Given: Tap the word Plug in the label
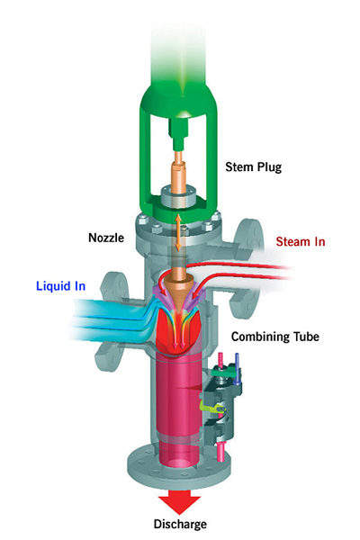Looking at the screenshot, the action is (270, 167).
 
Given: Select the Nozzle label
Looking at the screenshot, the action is (106, 238).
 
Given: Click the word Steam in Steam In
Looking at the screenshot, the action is (293, 241).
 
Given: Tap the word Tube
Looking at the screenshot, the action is (306, 337).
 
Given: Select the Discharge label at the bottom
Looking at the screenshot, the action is (180, 524).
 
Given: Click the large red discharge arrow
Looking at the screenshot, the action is (179, 502).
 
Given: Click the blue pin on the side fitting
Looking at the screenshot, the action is (237, 368).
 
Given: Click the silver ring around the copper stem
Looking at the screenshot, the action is (179, 197).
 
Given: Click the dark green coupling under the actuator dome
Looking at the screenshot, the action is (179, 134).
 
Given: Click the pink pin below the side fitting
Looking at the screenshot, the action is (220, 452).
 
